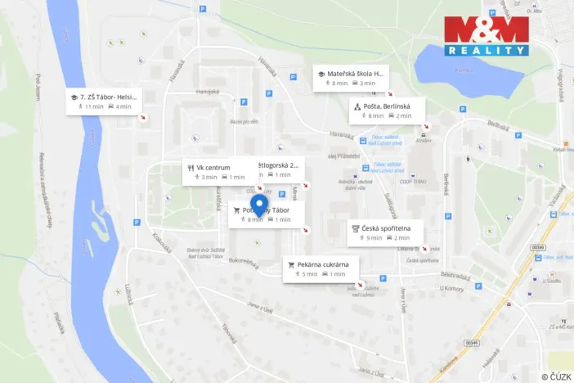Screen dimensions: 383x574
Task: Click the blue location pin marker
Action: pos(259,204)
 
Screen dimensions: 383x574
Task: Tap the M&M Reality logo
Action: pos(487,36)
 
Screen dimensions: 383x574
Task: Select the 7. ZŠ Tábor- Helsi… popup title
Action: pos(110,97)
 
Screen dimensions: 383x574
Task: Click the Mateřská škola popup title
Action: pos(356,74)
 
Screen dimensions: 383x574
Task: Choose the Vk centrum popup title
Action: pos(213,168)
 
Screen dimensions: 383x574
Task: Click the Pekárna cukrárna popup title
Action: pos(325,264)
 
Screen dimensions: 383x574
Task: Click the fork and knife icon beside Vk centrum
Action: pos(189,168)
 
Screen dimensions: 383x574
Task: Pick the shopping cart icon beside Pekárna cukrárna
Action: pos(290,264)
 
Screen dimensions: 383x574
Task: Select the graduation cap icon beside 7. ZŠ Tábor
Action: pos(74,97)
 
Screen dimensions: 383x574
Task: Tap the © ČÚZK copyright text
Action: pos(555,376)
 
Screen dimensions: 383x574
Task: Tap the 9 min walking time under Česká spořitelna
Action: pos(374,238)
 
